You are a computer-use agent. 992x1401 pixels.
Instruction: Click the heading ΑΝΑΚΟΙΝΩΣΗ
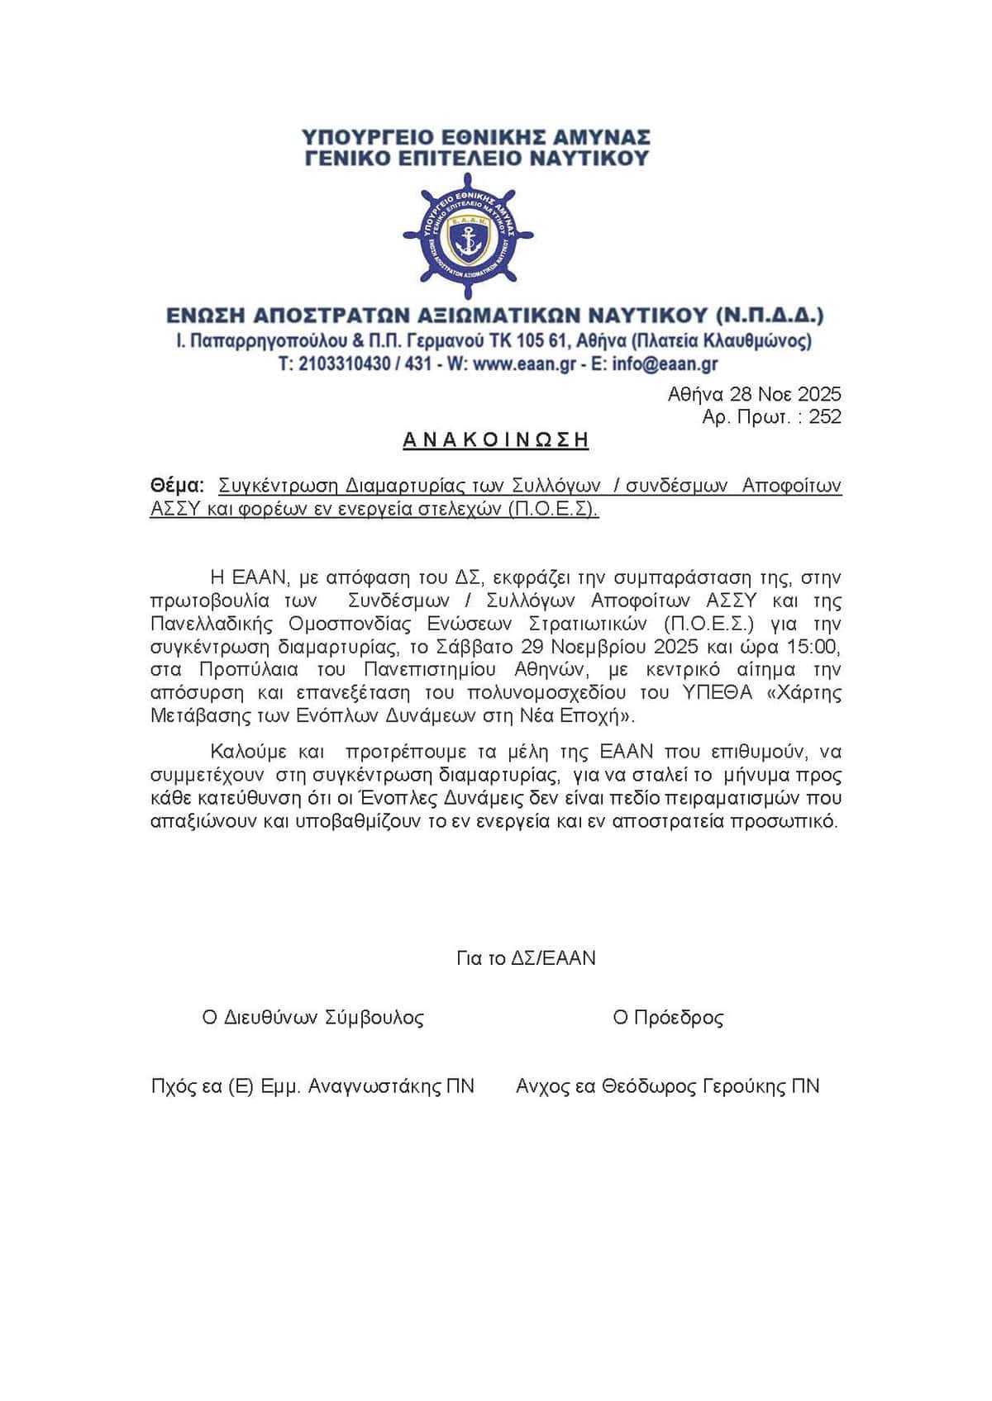[495, 440]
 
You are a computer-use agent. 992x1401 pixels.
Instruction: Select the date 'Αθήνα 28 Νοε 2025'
[754, 394]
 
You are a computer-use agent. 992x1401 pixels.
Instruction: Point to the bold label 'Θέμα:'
[177, 485]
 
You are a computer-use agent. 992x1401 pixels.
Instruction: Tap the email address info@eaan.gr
[665, 364]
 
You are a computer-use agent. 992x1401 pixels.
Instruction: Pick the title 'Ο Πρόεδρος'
[668, 1018]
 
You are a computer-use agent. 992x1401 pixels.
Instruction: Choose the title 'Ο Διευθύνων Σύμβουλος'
[313, 1018]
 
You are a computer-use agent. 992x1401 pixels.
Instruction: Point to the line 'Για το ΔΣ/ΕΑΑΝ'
[526, 958]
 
